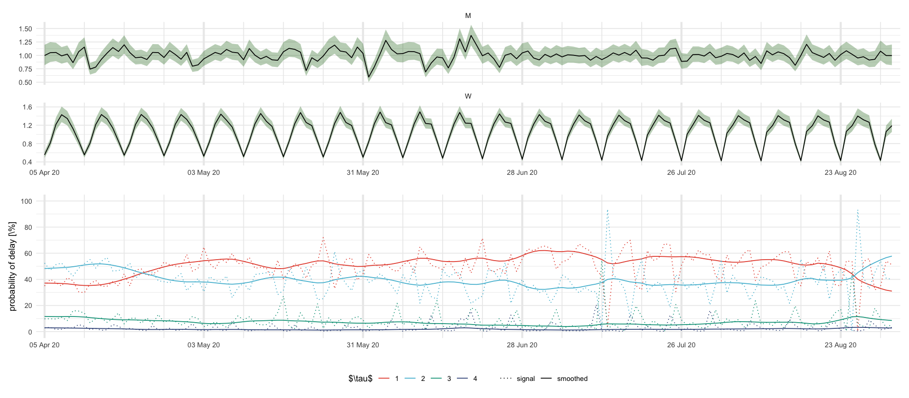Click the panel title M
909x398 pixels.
(468, 16)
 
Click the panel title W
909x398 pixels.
(468, 96)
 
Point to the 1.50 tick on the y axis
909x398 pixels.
(26, 29)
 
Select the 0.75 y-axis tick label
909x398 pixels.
(26, 69)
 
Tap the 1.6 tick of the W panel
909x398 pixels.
(27, 107)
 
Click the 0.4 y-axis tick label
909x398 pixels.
(27, 162)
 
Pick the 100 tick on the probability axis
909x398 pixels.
(27, 201)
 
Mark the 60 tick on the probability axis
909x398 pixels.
(28, 253)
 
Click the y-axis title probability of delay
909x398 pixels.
(12, 266)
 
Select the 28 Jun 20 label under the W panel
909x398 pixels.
(522, 172)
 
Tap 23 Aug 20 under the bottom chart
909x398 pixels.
(840, 345)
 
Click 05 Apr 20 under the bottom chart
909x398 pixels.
(45, 345)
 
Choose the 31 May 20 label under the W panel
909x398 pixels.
(363, 172)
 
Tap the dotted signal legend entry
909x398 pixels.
(518, 379)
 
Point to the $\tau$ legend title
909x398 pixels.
(360, 379)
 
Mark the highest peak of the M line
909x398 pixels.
(471, 35)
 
